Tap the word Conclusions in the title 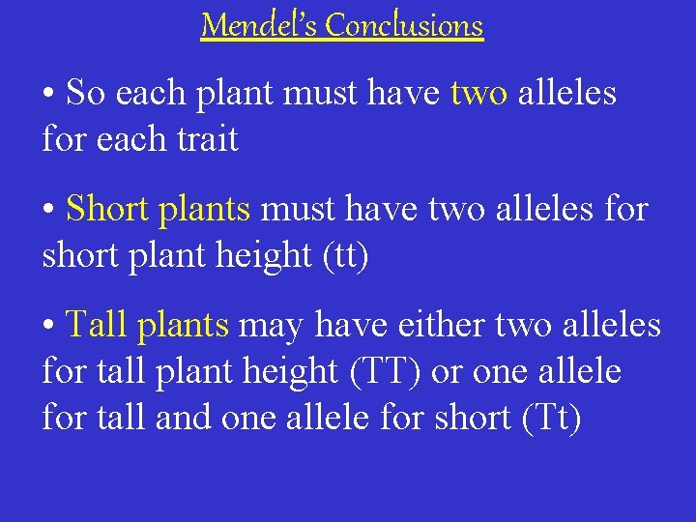point(404,25)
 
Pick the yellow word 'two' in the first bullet point(478,94)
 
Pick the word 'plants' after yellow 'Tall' point(184,327)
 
